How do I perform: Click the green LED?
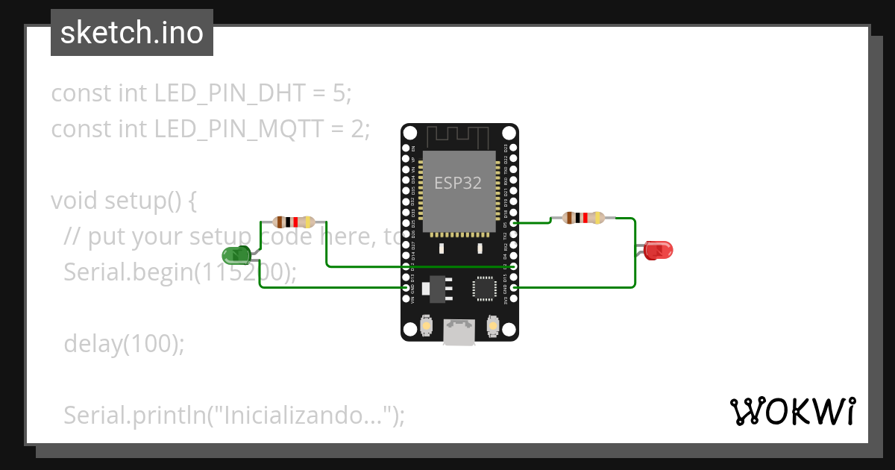point(236,257)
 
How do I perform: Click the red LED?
point(658,250)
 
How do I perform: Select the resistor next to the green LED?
point(294,222)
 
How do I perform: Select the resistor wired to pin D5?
point(584,218)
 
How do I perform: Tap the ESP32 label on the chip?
point(458,183)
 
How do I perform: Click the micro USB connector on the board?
point(459,331)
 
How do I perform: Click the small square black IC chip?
point(484,288)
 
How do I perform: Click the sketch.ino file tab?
point(132,33)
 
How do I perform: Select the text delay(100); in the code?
point(123,343)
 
